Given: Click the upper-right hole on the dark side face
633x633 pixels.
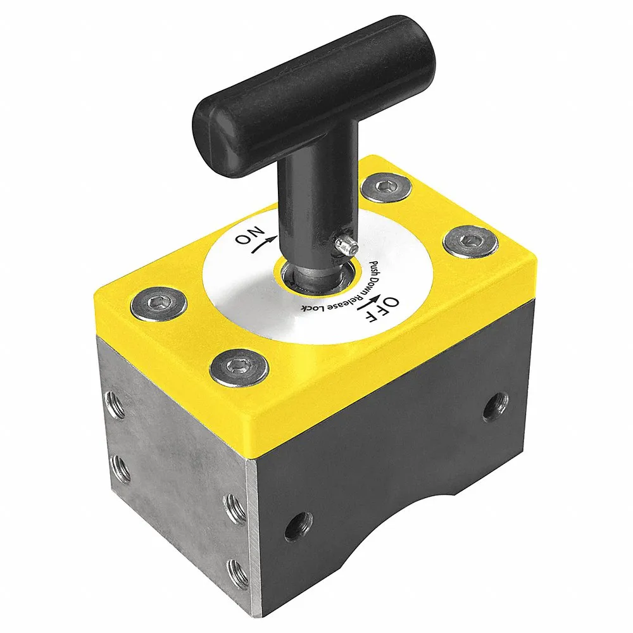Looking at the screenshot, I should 496,406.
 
